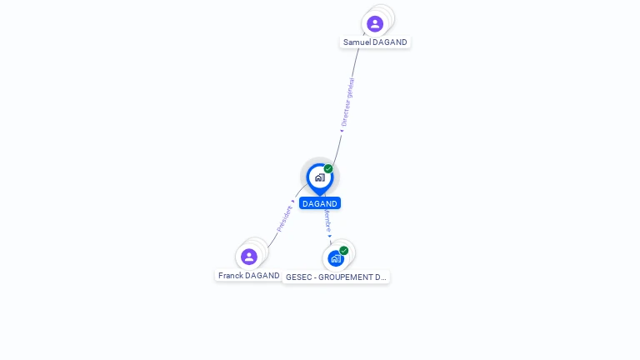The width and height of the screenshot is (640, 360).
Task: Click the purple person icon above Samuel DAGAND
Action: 375,23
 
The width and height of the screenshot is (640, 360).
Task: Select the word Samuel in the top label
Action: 357,42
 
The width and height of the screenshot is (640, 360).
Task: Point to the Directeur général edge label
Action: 347,101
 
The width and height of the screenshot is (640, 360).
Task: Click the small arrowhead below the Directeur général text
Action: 342,130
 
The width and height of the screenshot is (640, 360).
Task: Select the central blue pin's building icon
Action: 319,177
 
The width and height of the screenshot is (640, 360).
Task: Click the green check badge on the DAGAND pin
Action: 328,169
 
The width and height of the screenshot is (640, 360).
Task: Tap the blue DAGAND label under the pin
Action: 320,203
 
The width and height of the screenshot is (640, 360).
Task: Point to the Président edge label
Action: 284,218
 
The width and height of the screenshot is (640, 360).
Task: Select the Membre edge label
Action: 327,220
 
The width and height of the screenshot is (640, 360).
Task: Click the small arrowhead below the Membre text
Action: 330,237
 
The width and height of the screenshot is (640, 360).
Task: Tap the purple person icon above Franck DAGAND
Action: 248,257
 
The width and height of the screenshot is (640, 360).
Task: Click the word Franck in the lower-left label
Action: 230,276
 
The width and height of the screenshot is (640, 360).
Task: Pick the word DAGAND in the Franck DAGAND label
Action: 262,276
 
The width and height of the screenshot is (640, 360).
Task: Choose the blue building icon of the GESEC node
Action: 335,258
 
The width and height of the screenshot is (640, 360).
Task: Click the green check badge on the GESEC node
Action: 344,250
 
